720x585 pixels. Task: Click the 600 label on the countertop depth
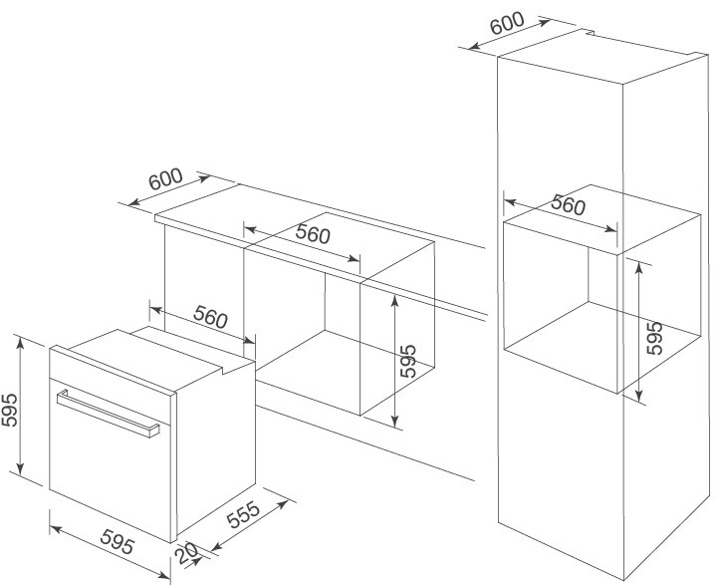pyautogui.click(x=165, y=179)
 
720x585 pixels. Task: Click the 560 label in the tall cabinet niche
pyautogui.click(x=568, y=206)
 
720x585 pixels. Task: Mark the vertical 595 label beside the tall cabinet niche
pyautogui.click(x=654, y=339)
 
